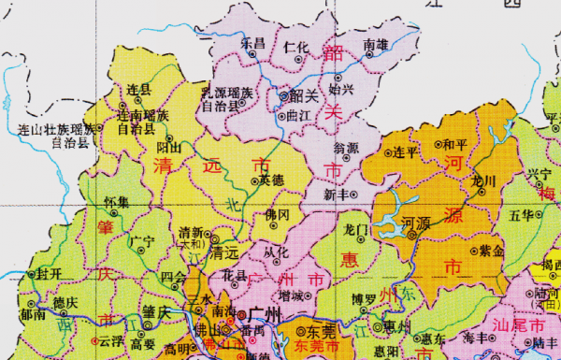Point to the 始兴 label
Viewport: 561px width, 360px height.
341,90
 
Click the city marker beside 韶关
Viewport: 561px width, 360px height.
285,94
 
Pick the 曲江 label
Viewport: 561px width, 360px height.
298,117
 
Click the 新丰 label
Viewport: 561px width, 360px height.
336,194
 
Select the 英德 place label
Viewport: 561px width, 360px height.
271,179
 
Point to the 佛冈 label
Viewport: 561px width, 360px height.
278,214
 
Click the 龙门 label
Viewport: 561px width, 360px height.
357,227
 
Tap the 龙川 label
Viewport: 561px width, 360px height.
484,180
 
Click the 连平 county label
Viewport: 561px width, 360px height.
403,151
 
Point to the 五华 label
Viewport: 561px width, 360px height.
520,214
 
